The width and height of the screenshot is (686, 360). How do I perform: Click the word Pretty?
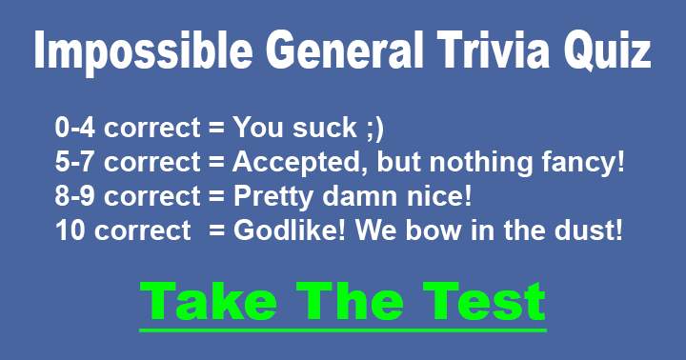[x=270, y=197]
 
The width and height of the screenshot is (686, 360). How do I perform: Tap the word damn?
[x=359, y=197]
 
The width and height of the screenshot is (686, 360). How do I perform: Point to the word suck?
[x=334, y=129]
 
